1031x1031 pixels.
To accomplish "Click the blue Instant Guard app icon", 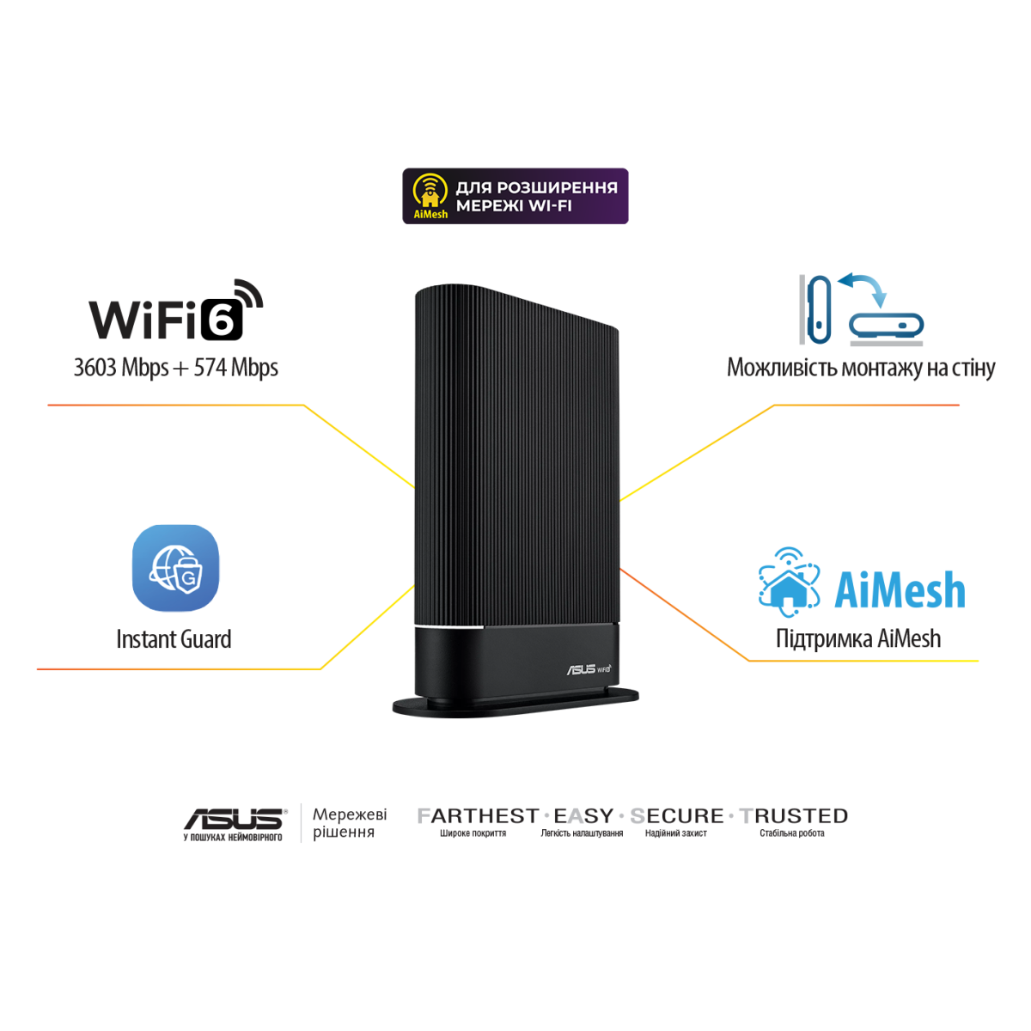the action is [175, 568].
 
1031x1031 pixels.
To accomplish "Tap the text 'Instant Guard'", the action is [174, 639].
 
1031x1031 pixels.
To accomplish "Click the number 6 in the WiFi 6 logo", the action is [222, 320].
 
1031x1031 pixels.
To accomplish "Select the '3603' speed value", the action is [95, 367].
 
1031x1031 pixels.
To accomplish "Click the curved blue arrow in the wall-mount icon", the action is [864, 288].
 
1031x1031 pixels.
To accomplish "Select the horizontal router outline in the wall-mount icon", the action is [887, 326].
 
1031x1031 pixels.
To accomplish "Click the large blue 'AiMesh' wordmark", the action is [900, 590].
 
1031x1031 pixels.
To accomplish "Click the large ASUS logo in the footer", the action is [235, 819].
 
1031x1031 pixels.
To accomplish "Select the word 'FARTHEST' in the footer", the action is [478, 816].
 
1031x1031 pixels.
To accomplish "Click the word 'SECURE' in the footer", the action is [677, 816].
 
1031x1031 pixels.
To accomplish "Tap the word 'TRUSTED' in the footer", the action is [794, 816].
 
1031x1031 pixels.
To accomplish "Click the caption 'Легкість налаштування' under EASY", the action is [583, 833].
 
